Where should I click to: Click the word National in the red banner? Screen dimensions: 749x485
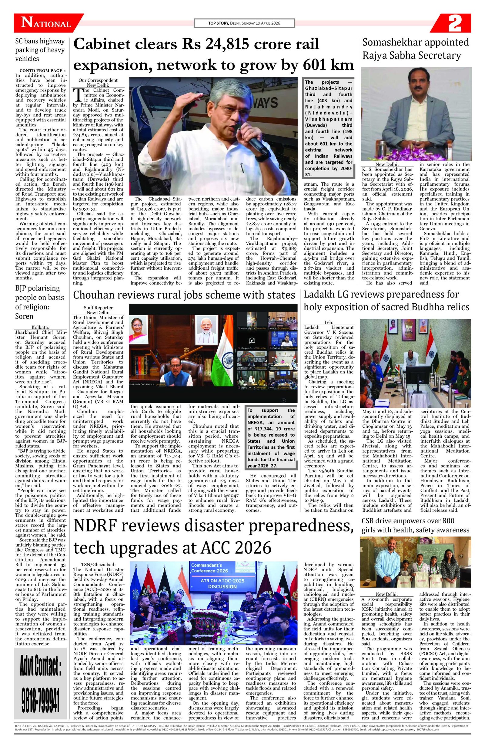[46, 24]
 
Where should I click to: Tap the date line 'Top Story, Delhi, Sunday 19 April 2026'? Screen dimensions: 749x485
[244, 23]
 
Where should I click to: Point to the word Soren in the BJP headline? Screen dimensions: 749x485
[24, 316]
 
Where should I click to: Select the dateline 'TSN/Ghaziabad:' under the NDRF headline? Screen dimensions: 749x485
[98, 565]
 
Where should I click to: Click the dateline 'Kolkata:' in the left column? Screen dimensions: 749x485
[40, 327]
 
